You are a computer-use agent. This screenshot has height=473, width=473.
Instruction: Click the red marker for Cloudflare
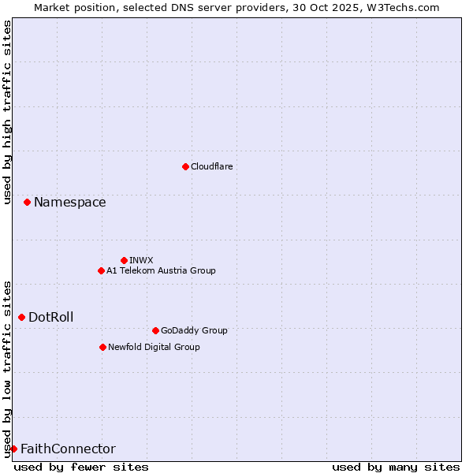[185, 166]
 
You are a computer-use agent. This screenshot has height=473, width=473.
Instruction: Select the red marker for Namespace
[27, 203]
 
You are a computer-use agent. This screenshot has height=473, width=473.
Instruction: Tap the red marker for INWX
[124, 260]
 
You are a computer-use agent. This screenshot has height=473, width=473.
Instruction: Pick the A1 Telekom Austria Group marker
[101, 270]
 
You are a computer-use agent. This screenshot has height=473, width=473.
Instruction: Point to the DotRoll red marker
[21, 317]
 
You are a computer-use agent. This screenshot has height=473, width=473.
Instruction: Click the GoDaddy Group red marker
[155, 330]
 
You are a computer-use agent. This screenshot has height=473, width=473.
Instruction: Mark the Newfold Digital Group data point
[102, 347]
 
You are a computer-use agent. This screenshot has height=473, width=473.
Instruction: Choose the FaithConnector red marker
[13, 449]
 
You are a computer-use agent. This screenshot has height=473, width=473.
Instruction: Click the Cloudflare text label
[212, 166]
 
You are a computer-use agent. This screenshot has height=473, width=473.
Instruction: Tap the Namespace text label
[69, 203]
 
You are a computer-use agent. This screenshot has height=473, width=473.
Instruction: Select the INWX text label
[141, 260]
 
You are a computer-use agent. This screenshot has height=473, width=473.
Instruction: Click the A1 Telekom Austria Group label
[161, 270]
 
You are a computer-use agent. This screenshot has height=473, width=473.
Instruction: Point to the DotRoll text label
[51, 317]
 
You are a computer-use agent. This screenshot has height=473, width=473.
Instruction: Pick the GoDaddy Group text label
[194, 330]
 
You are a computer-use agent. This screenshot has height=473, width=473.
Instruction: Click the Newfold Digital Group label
[154, 347]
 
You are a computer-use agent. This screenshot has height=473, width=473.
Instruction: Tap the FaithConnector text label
[68, 449]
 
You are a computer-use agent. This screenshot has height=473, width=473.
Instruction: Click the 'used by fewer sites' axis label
[81, 467]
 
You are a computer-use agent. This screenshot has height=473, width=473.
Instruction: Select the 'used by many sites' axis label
[396, 467]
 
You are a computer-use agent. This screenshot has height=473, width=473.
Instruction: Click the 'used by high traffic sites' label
[7, 112]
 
